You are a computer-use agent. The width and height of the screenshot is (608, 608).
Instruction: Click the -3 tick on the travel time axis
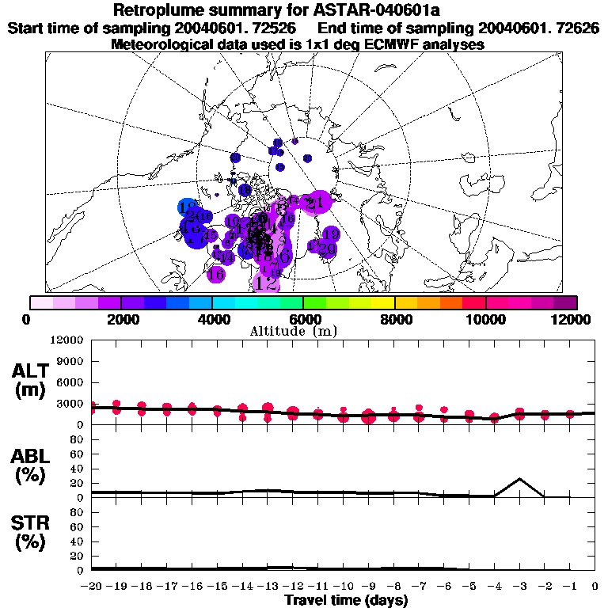519,587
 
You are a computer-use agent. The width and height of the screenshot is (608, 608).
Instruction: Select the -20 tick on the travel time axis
92,587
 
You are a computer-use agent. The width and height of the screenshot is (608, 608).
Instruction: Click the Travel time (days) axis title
346,600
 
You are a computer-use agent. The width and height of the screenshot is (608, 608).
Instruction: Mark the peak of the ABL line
519,479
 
